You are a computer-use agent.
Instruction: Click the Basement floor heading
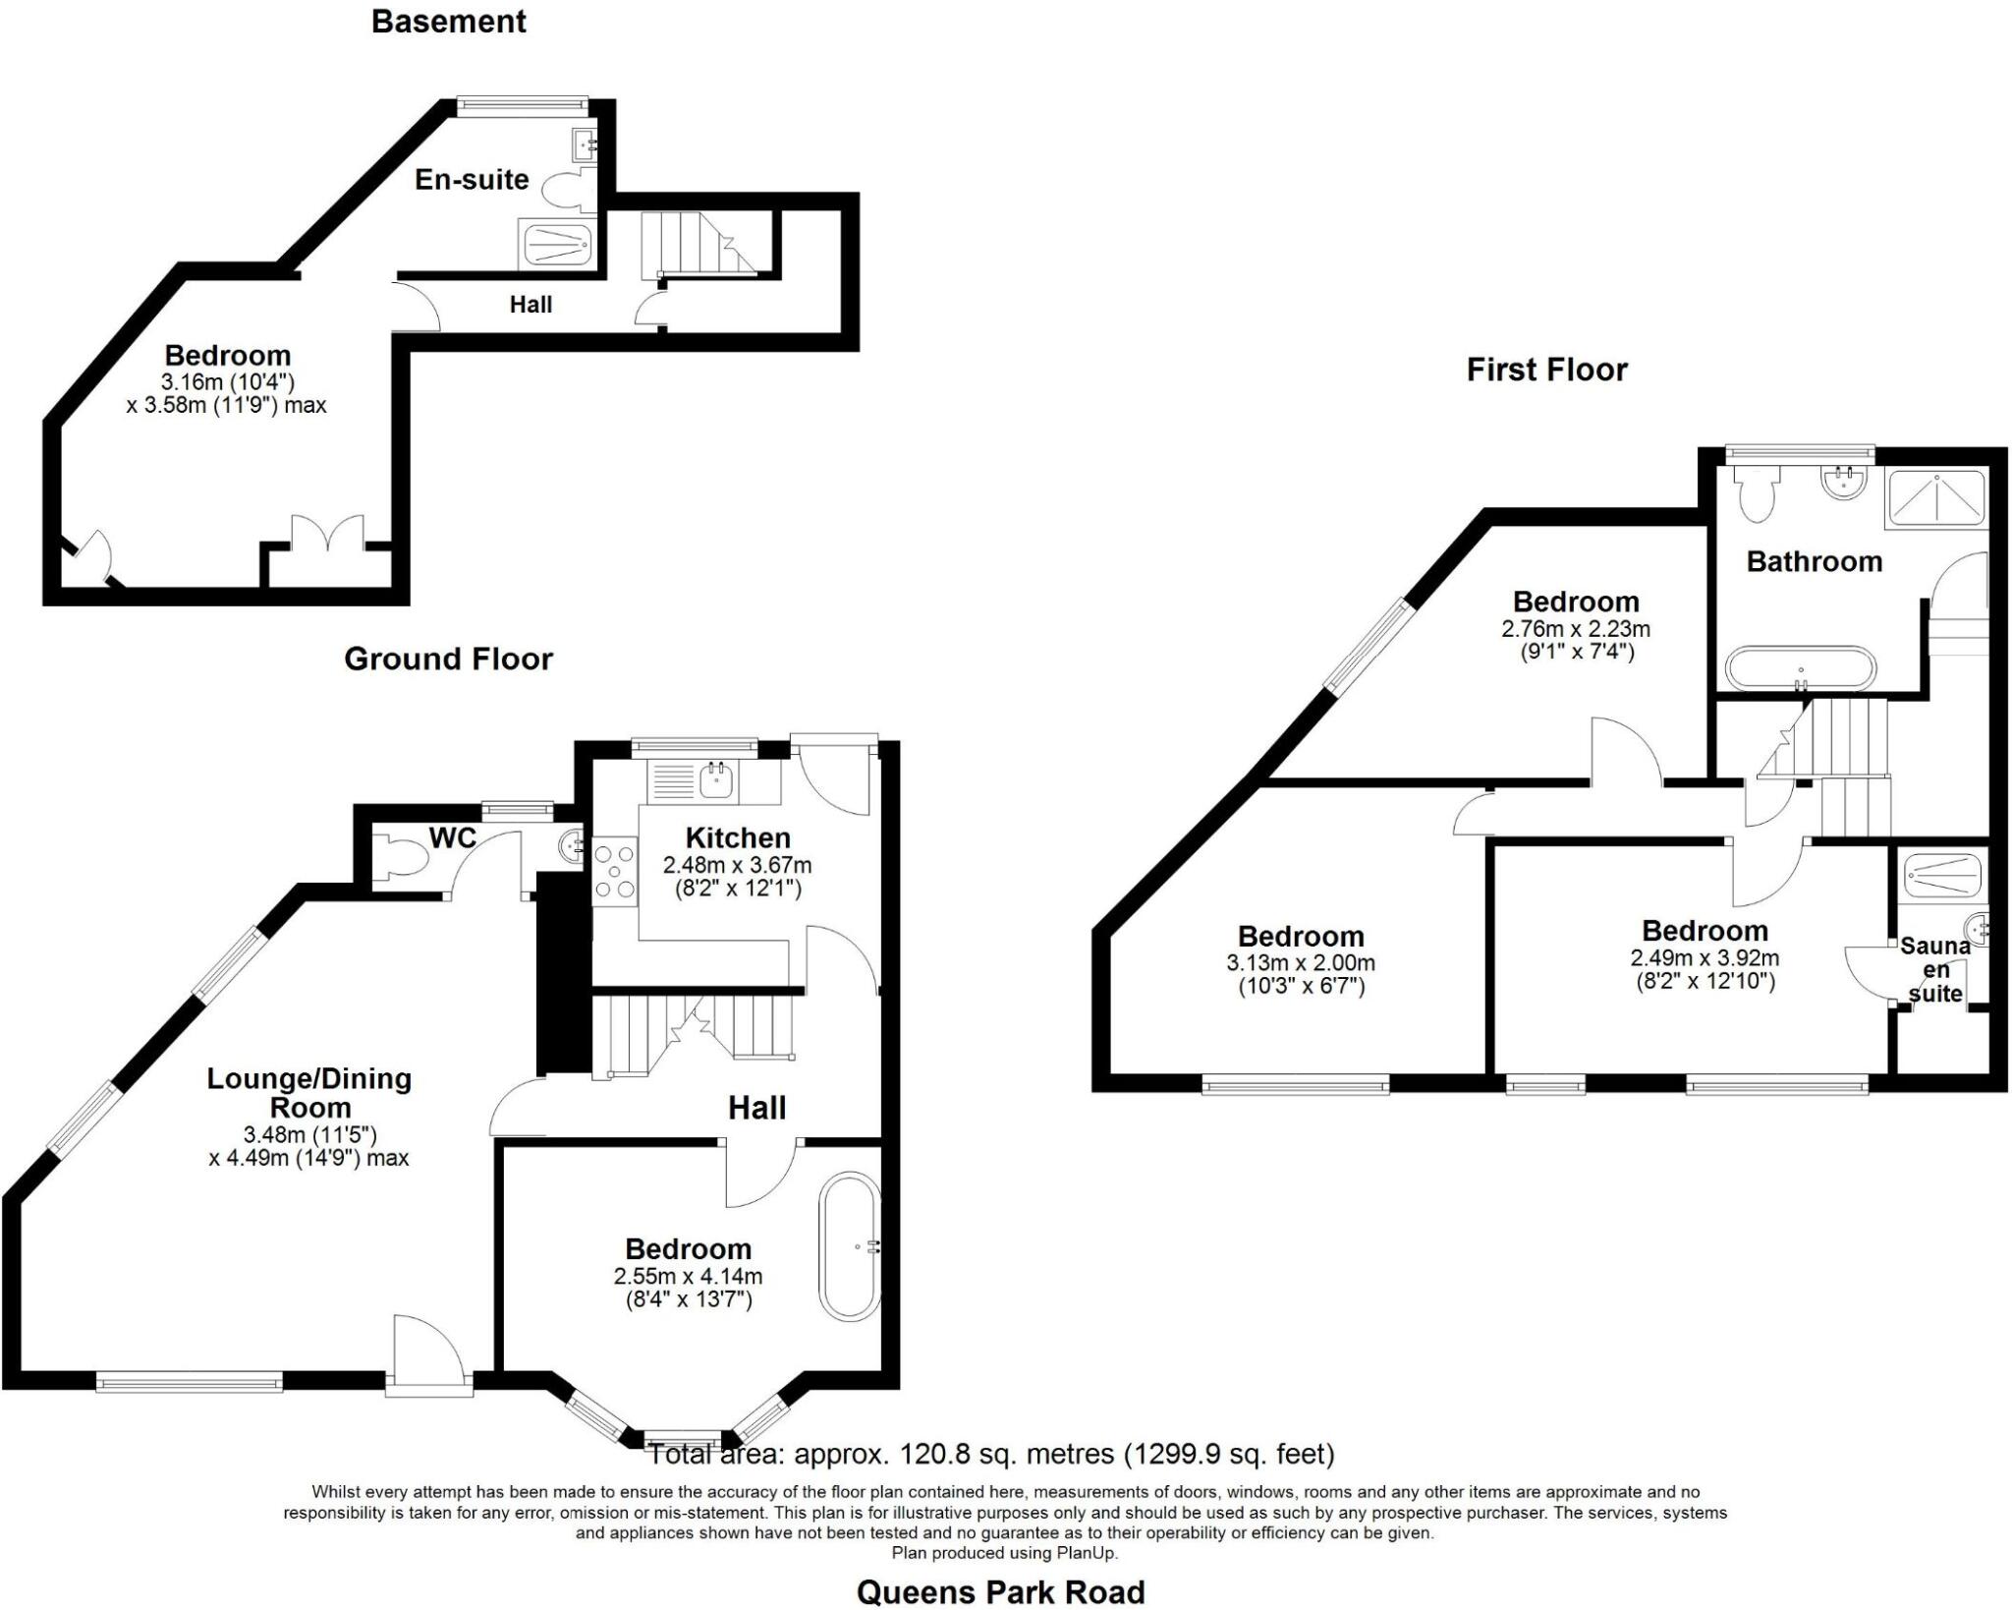448,22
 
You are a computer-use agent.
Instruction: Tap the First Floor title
1546,370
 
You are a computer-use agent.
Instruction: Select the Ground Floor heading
448,659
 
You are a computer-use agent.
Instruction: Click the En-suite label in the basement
472,179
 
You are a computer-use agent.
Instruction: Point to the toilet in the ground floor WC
402,857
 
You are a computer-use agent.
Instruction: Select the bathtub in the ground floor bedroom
851,1245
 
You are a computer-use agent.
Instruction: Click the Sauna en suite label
1934,969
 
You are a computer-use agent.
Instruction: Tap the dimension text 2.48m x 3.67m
737,866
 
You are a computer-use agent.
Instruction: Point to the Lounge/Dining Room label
308,1092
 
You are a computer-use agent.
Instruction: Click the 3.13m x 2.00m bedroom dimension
1301,963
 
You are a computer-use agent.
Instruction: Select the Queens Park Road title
1000,1592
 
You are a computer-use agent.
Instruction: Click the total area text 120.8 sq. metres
990,1454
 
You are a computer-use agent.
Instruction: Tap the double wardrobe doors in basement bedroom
328,539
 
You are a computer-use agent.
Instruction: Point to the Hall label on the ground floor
756,1109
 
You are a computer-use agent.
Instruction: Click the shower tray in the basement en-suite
556,242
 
